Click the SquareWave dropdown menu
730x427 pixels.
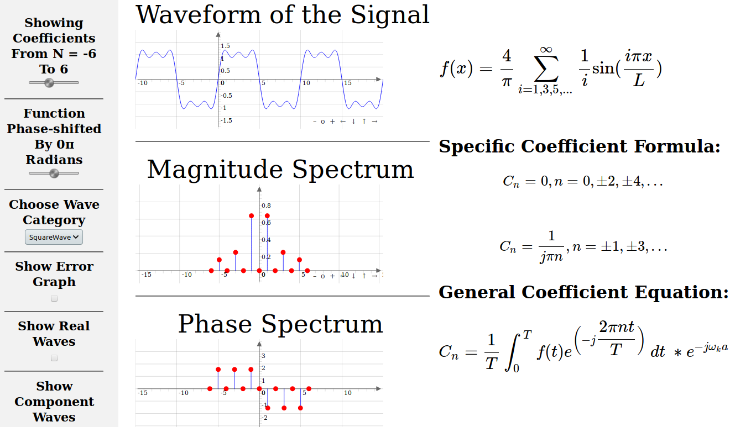point(54,237)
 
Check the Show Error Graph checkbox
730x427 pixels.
point(54,298)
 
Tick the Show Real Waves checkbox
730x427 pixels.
point(54,358)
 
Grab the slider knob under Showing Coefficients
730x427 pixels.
point(49,83)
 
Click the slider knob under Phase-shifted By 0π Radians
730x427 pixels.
point(54,173)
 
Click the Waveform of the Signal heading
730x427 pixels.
point(283,15)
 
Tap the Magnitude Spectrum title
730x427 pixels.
point(280,169)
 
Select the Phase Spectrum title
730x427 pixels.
point(280,324)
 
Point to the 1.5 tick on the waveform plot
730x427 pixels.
point(226,46)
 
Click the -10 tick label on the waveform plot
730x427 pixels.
point(142,83)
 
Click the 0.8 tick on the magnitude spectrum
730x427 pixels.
point(266,205)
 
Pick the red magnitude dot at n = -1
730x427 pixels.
point(251,216)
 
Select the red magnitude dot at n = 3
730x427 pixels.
point(283,252)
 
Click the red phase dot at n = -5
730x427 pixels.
point(218,370)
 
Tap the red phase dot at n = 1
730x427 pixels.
point(268,408)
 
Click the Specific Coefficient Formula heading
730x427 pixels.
point(580,146)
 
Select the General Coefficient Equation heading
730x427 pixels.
point(583,292)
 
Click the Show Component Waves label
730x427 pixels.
point(54,402)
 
